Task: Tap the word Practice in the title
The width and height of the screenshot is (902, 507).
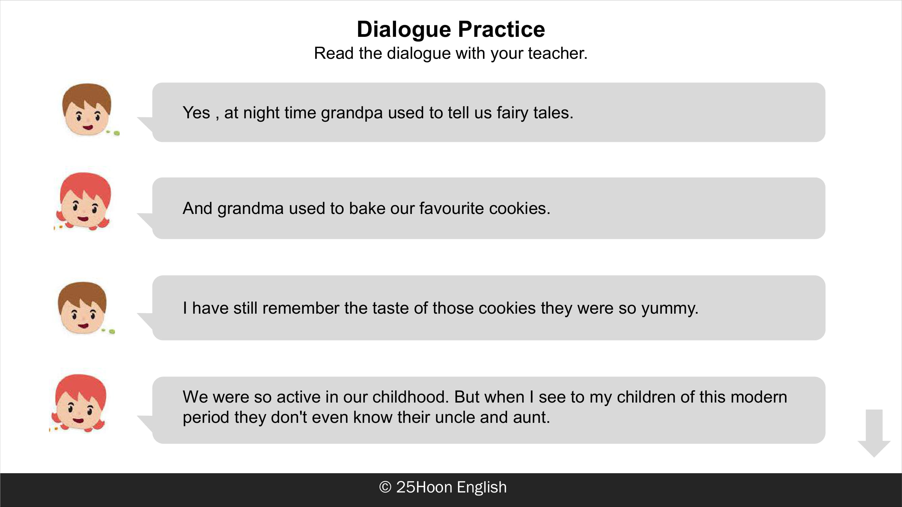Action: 502,29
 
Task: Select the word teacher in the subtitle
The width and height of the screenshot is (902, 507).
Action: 557,53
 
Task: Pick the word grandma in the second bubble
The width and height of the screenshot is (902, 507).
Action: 250,209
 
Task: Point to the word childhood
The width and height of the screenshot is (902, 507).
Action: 410,397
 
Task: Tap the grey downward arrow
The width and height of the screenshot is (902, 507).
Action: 874,433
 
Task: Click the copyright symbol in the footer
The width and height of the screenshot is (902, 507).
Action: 385,487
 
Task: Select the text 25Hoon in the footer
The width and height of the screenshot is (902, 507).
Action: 424,487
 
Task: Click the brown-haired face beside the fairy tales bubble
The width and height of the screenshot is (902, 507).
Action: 87,109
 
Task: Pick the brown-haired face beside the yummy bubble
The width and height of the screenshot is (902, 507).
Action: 83,308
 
